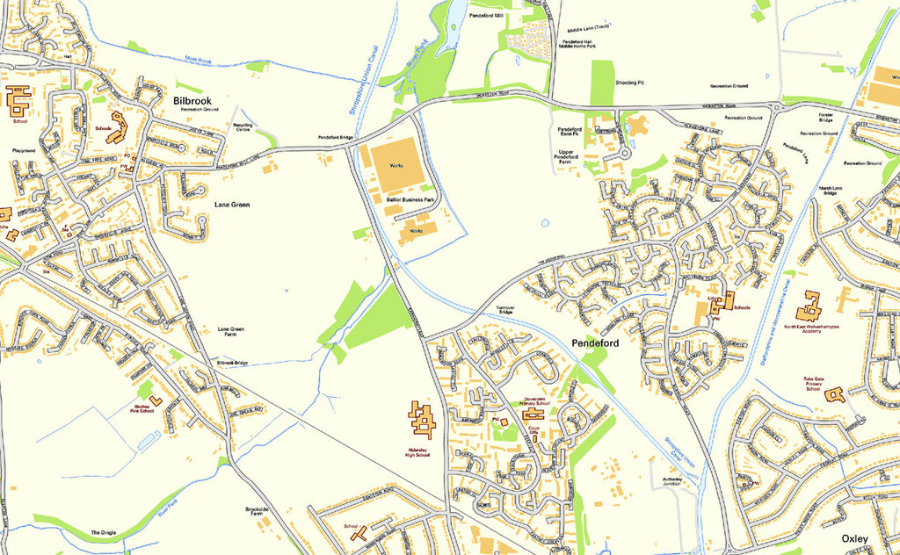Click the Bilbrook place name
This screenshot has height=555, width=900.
[192, 101]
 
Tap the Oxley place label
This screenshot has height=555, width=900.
[854, 537]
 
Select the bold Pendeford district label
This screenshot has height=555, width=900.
[597, 342]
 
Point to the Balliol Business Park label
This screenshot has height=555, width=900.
[410, 200]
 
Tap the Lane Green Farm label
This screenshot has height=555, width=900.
[230, 332]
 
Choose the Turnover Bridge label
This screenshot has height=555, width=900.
[505, 309]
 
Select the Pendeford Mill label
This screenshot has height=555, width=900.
[486, 16]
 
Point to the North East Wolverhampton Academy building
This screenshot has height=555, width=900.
[809, 306]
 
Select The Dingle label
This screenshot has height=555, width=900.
[103, 533]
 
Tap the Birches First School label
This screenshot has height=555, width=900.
[148, 407]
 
